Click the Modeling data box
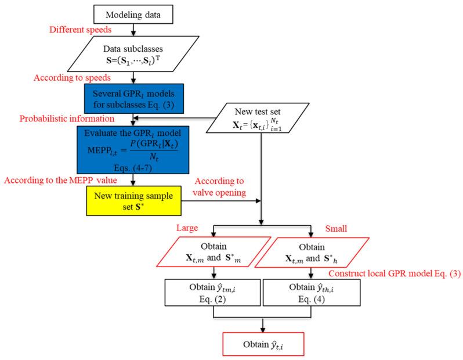tap(133, 14)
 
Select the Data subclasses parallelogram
tap(133, 54)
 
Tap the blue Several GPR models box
tap(134, 99)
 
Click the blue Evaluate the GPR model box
tap(133, 150)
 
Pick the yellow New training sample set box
tap(134, 201)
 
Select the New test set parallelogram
tap(258, 118)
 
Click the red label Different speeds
tap(80, 30)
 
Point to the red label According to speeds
tap(72, 78)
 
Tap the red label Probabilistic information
tap(67, 118)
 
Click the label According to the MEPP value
tap(60, 181)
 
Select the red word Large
tap(187, 228)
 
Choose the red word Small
tap(336, 228)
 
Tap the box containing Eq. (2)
tap(212, 292)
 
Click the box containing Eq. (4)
tap(312, 292)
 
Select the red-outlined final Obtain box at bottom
tap(263, 344)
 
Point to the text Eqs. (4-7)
tap(133, 168)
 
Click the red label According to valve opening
tap(219, 187)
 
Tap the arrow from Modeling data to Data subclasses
tap(133, 30)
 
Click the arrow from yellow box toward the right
tap(221, 201)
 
